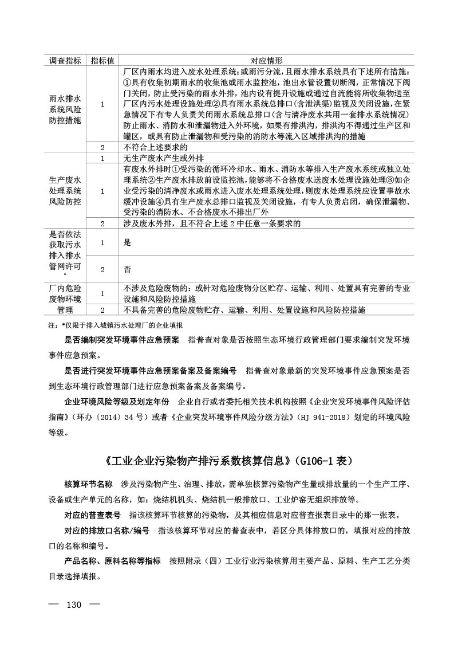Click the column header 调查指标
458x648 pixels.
pyautogui.click(x=65, y=61)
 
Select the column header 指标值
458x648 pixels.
pyautogui.click(x=102, y=61)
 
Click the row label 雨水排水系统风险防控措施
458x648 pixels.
pyautogui.click(x=65, y=105)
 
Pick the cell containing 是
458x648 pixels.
pyautogui.click(x=127, y=242)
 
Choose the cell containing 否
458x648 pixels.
pyautogui.click(x=127, y=268)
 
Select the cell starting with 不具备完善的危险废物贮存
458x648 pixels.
pyautogui.click(x=243, y=310)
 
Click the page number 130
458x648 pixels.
pyautogui.click(x=76, y=605)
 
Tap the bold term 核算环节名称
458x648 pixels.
pyautogui.click(x=88, y=485)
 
